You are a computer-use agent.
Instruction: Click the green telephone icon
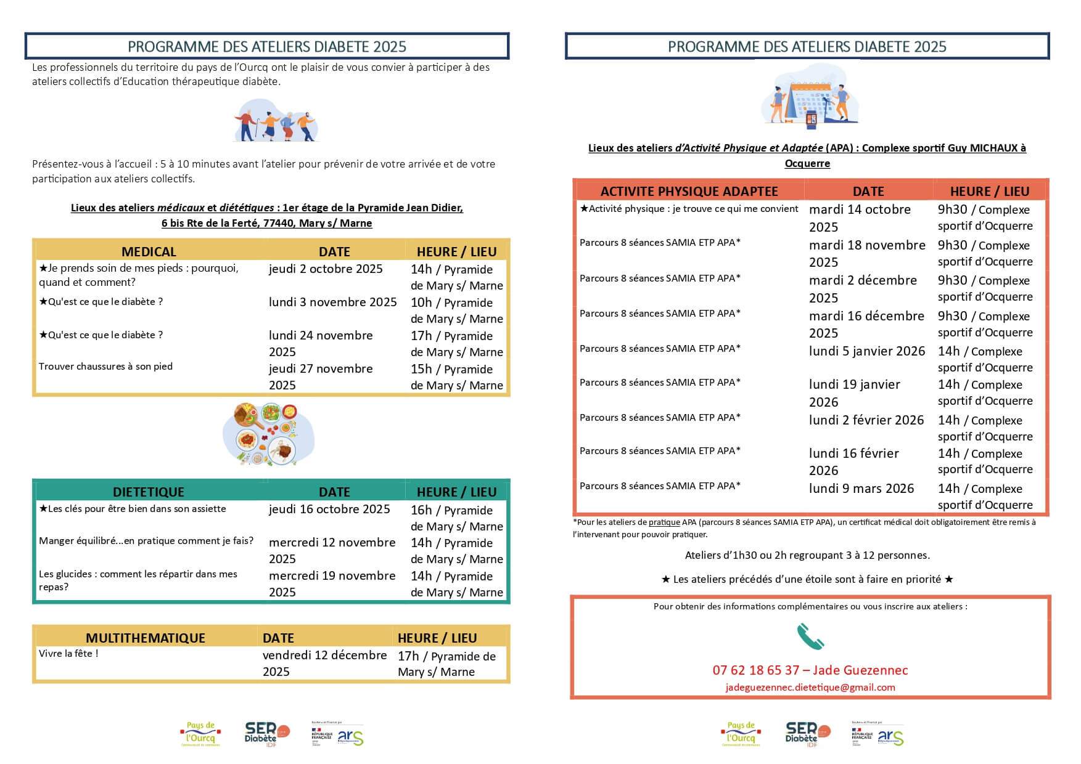coord(810,636)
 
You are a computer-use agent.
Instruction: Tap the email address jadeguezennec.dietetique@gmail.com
coord(810,687)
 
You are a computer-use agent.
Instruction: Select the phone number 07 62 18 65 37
coord(755,670)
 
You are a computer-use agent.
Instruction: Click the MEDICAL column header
coord(149,251)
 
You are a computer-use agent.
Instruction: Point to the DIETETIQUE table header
coord(149,492)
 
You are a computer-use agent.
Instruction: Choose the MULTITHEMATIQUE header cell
coord(146,638)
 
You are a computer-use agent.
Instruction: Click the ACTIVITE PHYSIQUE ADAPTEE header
coord(689,191)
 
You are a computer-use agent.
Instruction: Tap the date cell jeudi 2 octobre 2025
coord(326,269)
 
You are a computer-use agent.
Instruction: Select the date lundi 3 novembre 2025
coord(332,302)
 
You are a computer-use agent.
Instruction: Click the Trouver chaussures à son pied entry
coord(105,366)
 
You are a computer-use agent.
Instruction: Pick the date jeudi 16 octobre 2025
coord(329,509)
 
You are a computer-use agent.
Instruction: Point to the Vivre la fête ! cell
coord(68,653)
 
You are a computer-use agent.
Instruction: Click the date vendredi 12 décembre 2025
coord(324,663)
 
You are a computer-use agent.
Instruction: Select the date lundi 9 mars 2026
coord(861,489)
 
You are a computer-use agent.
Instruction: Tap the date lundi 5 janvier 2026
coord(867,351)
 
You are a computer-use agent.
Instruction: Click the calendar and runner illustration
coord(809,97)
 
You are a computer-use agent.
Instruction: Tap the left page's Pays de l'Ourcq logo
coord(200,733)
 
